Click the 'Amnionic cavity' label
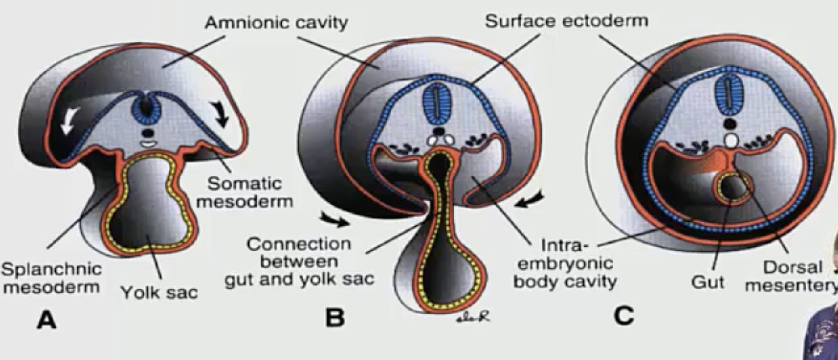tap(276, 22)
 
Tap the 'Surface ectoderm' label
tap(566, 21)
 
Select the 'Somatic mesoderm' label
tap(244, 193)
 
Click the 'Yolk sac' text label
tap(159, 292)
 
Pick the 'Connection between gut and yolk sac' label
tap(299, 261)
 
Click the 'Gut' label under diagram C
tap(708, 282)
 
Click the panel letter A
tap(47, 321)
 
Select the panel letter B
tap(335, 318)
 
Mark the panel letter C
tap(623, 315)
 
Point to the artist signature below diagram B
tap(473, 318)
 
